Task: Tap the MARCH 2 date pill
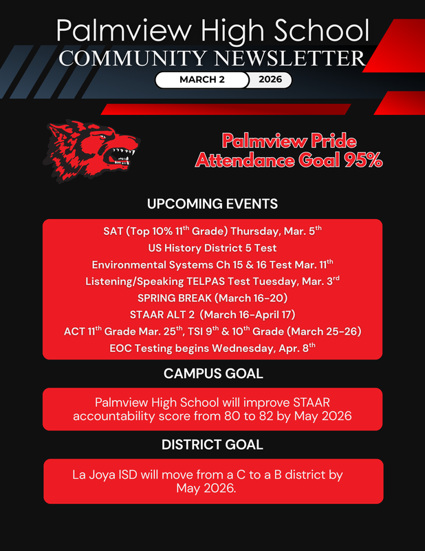tap(201, 80)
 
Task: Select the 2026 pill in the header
tap(270, 80)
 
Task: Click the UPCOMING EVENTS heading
tap(212, 204)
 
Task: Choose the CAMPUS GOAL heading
tap(212, 373)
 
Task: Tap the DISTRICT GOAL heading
tap(212, 445)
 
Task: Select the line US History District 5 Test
tap(212, 248)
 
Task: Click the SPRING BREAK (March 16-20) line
tap(212, 298)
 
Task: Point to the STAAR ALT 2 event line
tap(212, 315)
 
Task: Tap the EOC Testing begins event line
tap(212, 348)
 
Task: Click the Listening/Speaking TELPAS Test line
tap(212, 281)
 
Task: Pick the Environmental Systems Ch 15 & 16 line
tap(212, 264)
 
